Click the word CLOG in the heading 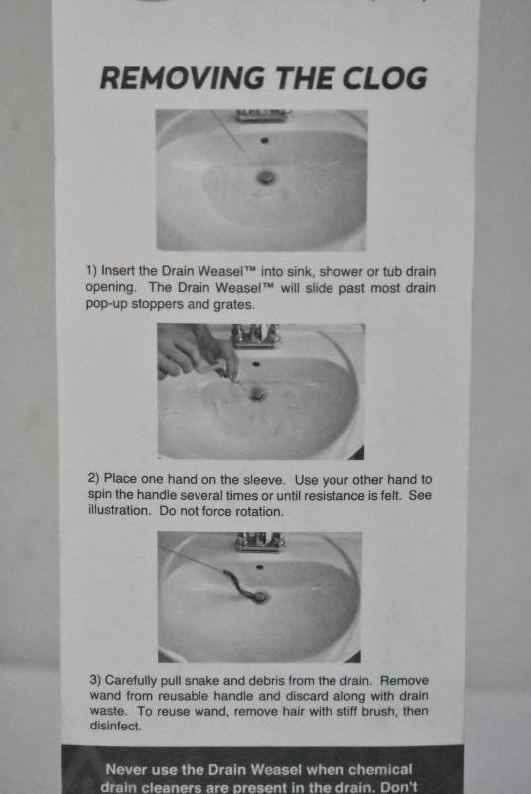point(385,78)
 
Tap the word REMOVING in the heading point(183,78)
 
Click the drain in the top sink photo point(265,177)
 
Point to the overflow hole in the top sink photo point(264,140)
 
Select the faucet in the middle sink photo point(255,335)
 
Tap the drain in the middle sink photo point(258,393)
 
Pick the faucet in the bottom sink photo point(259,542)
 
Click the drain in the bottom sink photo point(260,597)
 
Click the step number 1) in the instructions point(91,271)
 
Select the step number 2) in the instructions point(93,479)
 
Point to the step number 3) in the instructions point(95,680)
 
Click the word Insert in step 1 point(118,270)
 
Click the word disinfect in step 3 point(115,726)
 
